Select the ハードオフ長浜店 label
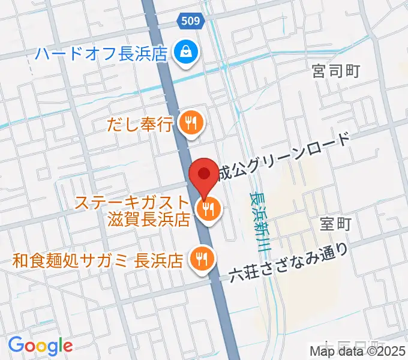tap(100, 54)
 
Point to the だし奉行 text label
tap(140, 124)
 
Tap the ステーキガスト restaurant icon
tap(208, 209)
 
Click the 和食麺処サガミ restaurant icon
tap(200, 259)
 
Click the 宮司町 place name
tap(336, 71)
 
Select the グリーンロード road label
tap(283, 157)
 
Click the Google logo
tap(40, 345)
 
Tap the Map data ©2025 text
tap(358, 352)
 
